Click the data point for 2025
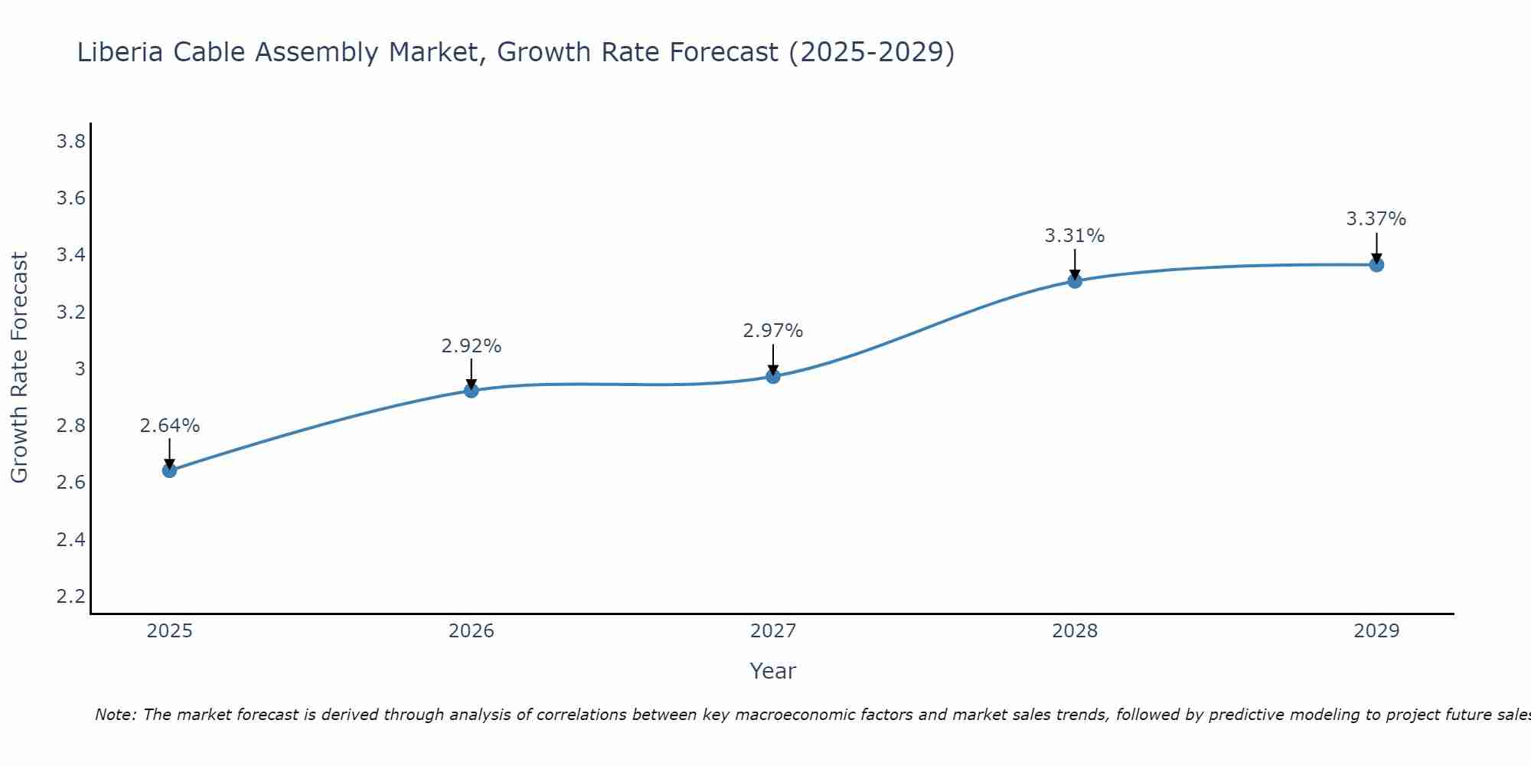pyautogui.click(x=170, y=470)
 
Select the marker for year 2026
pyautogui.click(x=472, y=391)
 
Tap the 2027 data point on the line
pyautogui.click(x=773, y=376)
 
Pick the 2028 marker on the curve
pyautogui.click(x=1075, y=281)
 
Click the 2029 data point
pyautogui.click(x=1376, y=265)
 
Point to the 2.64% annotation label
pyautogui.click(x=170, y=426)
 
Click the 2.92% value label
pyautogui.click(x=472, y=346)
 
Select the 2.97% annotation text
pyautogui.click(x=773, y=331)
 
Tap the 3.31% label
pyautogui.click(x=1075, y=236)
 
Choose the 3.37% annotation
pyautogui.click(x=1376, y=219)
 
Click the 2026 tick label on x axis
pyautogui.click(x=472, y=631)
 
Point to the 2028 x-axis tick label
pyautogui.click(x=1075, y=631)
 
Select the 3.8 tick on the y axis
pyautogui.click(x=71, y=142)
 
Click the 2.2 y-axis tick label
pyautogui.click(x=71, y=597)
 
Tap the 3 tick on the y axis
pyautogui.click(x=80, y=369)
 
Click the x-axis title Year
pyautogui.click(x=773, y=671)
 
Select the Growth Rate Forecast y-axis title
pyautogui.click(x=20, y=368)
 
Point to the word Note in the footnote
pyautogui.click(x=115, y=715)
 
